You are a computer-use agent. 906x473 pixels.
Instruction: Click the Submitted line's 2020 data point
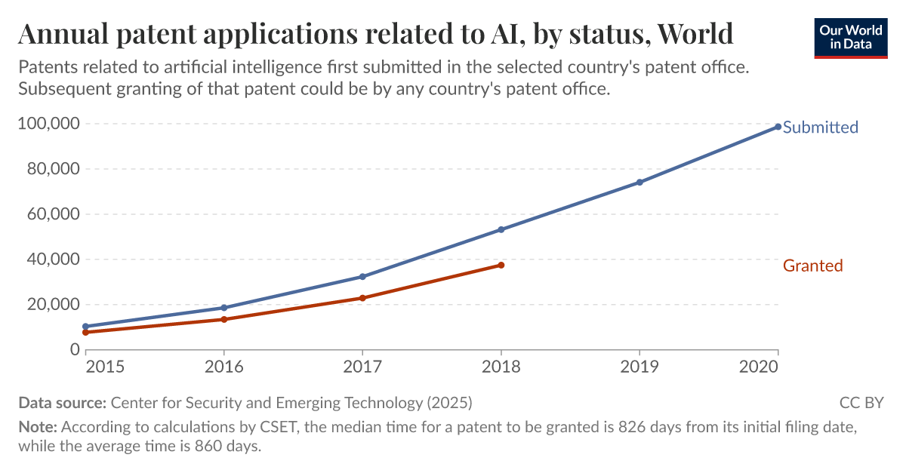(778, 127)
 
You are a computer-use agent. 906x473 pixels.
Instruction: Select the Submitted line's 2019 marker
(639, 182)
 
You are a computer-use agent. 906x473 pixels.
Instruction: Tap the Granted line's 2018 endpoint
(501, 265)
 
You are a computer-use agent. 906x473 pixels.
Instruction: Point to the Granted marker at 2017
(362, 298)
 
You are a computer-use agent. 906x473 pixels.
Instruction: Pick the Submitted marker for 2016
(224, 308)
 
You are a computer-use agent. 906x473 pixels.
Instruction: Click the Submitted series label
(820, 127)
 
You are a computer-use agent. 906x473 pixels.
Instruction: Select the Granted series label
(812, 266)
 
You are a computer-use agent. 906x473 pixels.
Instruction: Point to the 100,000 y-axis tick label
(48, 124)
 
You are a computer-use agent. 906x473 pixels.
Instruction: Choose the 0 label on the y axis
(75, 350)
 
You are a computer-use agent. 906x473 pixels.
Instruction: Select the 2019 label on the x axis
(639, 367)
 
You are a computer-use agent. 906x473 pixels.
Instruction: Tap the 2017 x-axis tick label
(362, 367)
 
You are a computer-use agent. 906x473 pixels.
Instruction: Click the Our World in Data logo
(850, 38)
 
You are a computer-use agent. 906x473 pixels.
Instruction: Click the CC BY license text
(861, 403)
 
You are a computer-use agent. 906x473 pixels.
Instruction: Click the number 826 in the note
(632, 427)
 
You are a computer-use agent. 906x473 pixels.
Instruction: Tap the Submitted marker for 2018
(501, 229)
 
